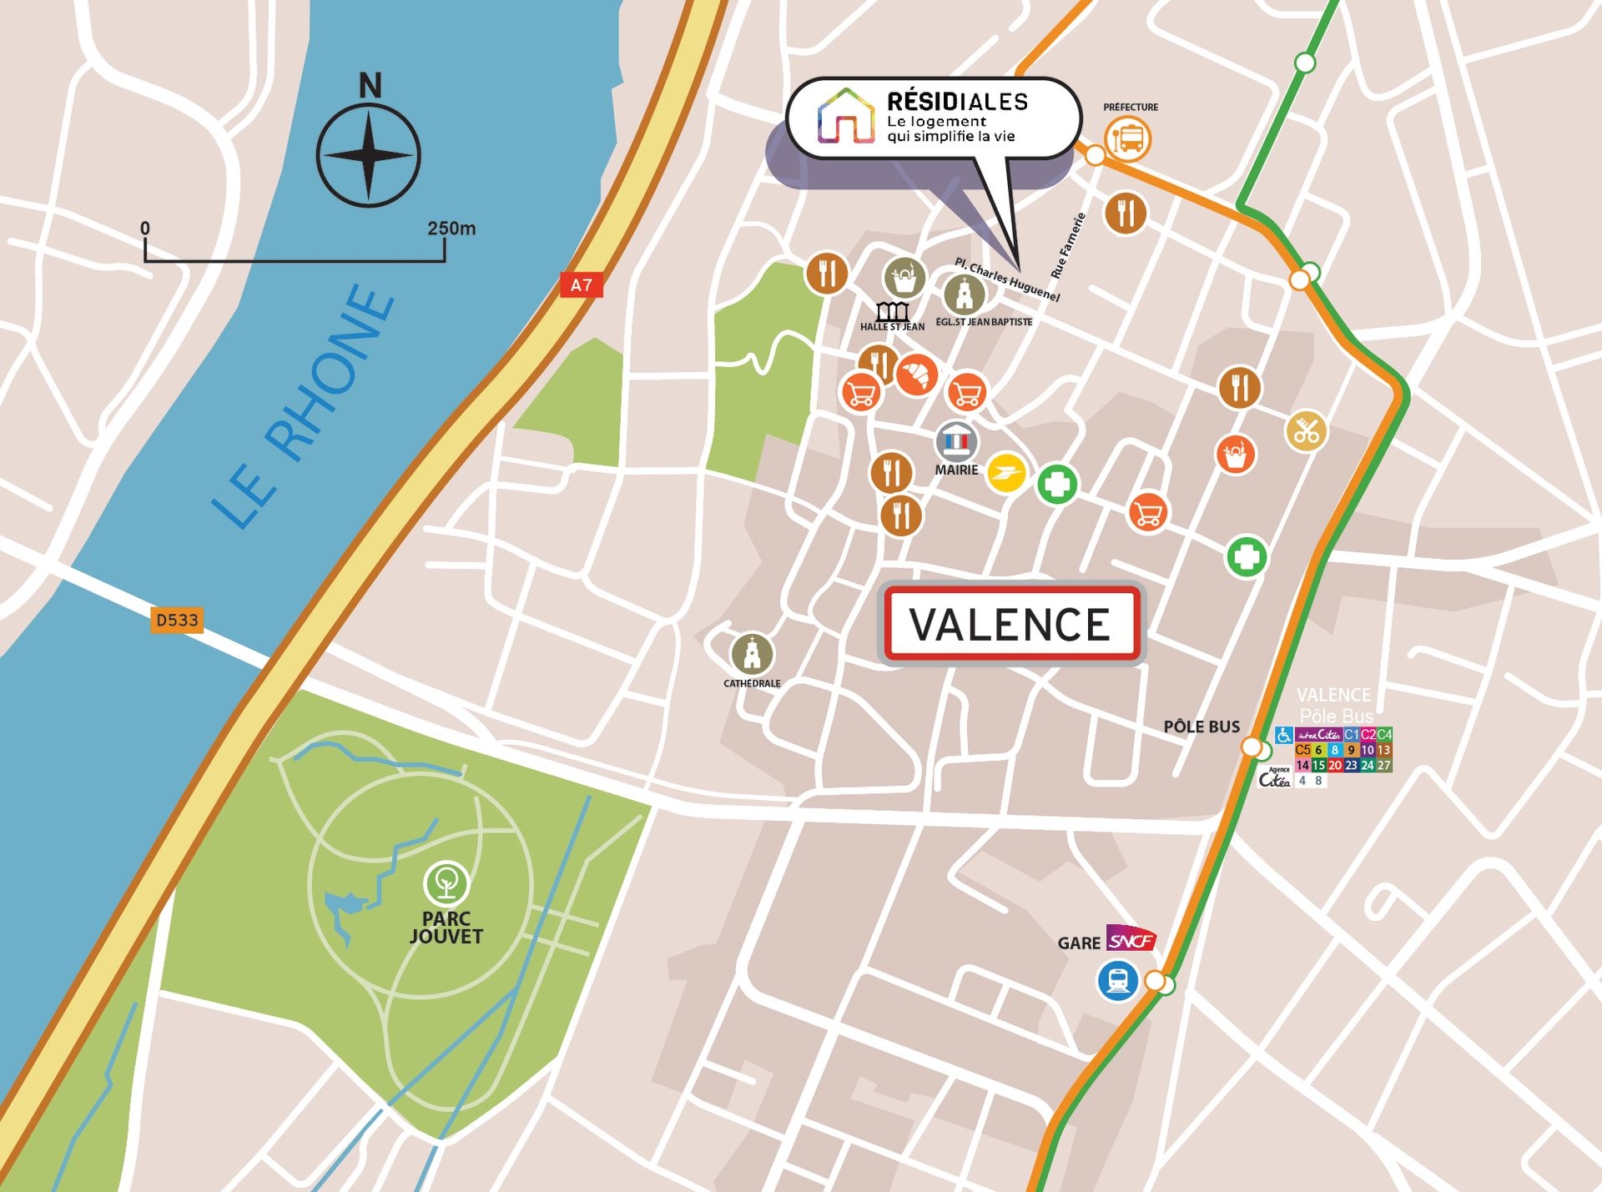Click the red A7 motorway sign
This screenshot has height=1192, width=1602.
click(581, 285)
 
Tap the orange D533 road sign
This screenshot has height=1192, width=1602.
click(177, 620)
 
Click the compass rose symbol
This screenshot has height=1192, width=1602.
click(368, 156)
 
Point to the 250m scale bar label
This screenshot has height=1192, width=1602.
click(451, 228)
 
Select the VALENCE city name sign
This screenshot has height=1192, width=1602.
click(1011, 624)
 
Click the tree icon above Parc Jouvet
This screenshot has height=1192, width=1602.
click(446, 883)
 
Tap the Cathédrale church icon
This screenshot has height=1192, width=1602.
click(752, 653)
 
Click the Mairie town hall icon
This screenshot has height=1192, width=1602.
click(956, 440)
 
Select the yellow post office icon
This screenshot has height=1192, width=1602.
click(1006, 474)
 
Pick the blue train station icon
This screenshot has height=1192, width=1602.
click(1117, 980)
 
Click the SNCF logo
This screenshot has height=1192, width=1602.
click(1131, 939)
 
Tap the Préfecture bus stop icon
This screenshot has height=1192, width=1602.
click(1128, 138)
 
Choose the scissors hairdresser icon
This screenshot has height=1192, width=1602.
click(1306, 431)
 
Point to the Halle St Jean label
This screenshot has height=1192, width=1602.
click(892, 327)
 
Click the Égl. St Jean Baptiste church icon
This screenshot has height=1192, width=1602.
click(964, 294)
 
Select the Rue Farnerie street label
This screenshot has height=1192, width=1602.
click(1069, 245)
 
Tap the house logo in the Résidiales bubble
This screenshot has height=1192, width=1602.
click(845, 117)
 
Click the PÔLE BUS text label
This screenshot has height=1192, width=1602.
click(1201, 727)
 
